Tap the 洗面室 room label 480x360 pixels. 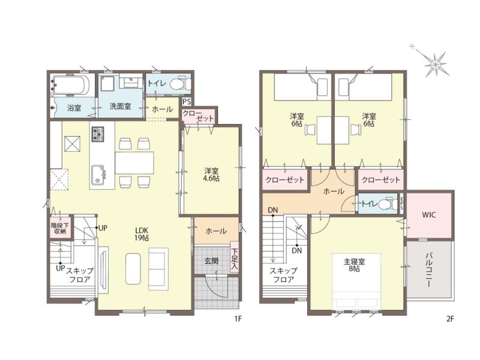[121, 106]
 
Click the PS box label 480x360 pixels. [186, 101]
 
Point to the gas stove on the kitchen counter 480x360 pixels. [97, 134]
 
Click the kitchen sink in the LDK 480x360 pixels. [98, 175]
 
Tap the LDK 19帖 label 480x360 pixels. [142, 233]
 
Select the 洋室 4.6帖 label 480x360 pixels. [212, 175]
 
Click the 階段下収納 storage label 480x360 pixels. [60, 227]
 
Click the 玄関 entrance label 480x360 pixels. [212, 261]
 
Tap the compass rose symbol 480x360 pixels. [434, 62]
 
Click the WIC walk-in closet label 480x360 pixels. [428, 215]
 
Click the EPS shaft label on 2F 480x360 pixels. [401, 203]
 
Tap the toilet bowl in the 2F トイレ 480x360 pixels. [386, 204]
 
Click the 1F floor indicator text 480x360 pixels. [238, 319]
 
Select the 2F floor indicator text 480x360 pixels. [449, 319]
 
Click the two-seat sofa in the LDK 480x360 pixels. [158, 269]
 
